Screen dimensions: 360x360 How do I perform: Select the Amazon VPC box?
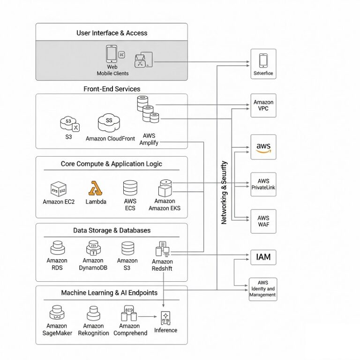pos(263,105)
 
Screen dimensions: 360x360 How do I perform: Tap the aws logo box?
pos(263,147)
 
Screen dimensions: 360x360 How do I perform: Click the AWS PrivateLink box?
pos(263,184)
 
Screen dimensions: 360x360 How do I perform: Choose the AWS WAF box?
pos(263,221)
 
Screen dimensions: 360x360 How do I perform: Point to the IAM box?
pos(263,257)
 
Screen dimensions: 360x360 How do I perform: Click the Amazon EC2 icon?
pos(59,189)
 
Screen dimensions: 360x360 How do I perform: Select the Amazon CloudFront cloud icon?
pos(109,123)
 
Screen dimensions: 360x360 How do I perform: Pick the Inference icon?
pos(165,317)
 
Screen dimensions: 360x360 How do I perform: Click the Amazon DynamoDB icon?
pos(93,248)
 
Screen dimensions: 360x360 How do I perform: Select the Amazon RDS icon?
pos(57,248)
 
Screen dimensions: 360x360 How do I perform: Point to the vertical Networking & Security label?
pos(224,193)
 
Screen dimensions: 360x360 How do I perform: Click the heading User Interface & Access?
pos(112,33)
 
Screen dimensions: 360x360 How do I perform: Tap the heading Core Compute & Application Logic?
pos(112,164)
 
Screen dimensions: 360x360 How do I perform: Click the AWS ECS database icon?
pos(130,188)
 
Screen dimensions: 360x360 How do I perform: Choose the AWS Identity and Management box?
pos(262,289)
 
